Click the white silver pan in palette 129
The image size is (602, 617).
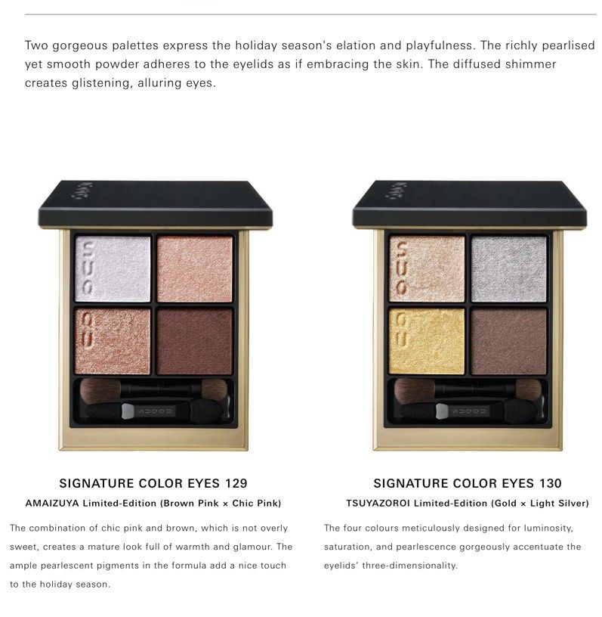(x=113, y=268)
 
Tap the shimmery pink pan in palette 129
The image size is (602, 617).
(x=195, y=268)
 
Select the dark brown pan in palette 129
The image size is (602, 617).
(x=195, y=341)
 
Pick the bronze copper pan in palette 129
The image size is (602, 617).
(x=113, y=341)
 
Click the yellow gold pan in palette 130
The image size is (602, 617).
(x=427, y=341)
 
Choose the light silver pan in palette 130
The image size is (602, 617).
(x=508, y=268)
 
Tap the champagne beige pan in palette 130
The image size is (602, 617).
(x=427, y=268)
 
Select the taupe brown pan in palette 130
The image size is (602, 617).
(x=508, y=341)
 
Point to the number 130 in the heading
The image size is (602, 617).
(x=550, y=483)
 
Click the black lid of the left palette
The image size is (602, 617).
(x=155, y=203)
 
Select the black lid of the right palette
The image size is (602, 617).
(x=468, y=203)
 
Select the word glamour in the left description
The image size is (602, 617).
(x=257, y=547)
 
